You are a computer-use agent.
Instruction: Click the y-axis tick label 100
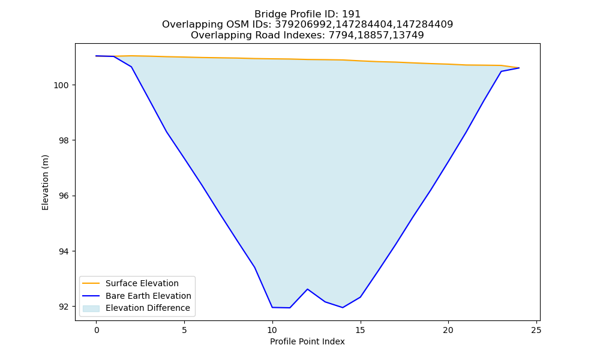coord(61,85)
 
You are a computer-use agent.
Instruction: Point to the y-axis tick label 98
coord(64,141)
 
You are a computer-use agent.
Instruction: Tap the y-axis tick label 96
coord(64,196)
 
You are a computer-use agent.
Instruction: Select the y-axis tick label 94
coord(64,252)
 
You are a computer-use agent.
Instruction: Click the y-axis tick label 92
coord(64,307)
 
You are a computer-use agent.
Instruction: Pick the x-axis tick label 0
coord(97,330)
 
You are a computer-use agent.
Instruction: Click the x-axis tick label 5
coord(184,330)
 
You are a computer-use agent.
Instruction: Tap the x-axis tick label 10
coord(272,330)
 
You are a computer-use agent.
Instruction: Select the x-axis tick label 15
coord(360,330)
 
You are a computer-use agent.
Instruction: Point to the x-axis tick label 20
coord(448,330)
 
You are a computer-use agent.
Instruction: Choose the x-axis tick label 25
coord(536,330)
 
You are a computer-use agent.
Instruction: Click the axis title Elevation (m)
coord(45,182)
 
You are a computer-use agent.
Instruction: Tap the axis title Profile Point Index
coord(307,341)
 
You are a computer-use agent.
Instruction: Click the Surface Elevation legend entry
coord(142,283)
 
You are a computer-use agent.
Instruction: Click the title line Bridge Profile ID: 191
coord(307,14)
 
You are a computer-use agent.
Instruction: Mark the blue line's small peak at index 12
coord(307,289)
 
